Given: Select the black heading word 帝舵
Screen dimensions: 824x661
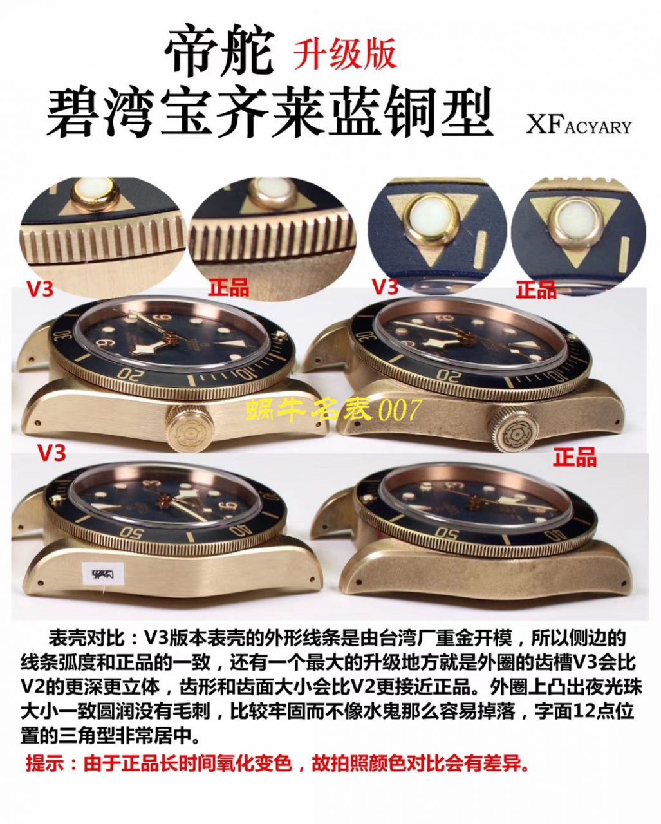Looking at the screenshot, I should pyautogui.click(x=219, y=53).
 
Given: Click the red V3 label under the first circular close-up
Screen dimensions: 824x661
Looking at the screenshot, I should pyautogui.click(x=40, y=290).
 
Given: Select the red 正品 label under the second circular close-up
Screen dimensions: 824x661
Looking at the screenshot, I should pyautogui.click(x=228, y=288).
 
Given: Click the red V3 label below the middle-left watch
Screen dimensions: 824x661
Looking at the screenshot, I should pyautogui.click(x=51, y=453).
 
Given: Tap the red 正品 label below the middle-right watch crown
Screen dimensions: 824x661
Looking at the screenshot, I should pyautogui.click(x=575, y=458).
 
